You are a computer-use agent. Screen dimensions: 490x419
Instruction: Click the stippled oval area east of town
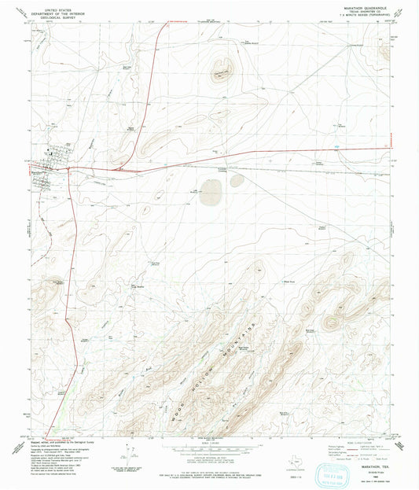[211, 190]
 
